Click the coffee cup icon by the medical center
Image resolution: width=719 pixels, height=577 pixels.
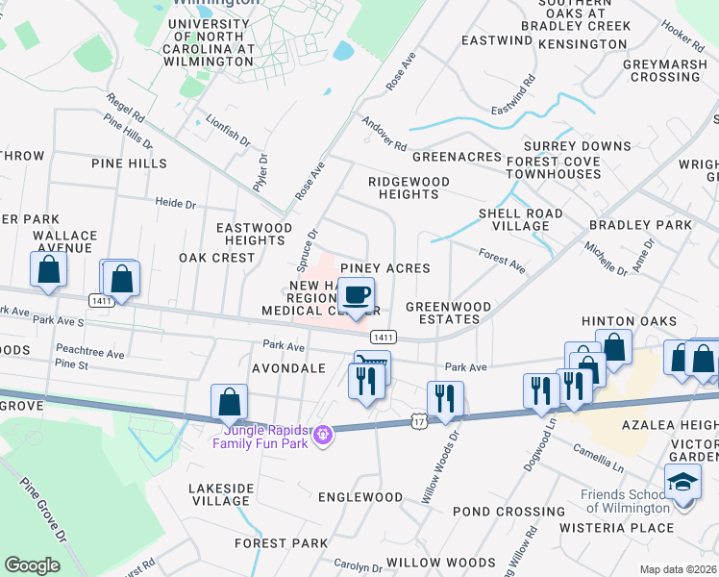(x=357, y=294)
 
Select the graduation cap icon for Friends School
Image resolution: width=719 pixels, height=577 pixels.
(x=682, y=481)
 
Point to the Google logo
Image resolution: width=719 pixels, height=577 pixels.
(x=32, y=565)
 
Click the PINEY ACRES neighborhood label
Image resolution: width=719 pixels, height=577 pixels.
(x=384, y=268)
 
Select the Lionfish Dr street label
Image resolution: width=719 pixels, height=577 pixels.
(x=228, y=129)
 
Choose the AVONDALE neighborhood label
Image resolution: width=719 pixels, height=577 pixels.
(x=287, y=368)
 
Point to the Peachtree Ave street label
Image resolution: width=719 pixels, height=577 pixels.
(x=90, y=353)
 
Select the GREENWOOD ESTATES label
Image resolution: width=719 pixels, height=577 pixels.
(x=448, y=313)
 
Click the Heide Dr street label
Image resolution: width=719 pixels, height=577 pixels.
(x=176, y=204)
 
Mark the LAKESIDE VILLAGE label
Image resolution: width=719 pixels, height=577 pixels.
(x=220, y=494)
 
